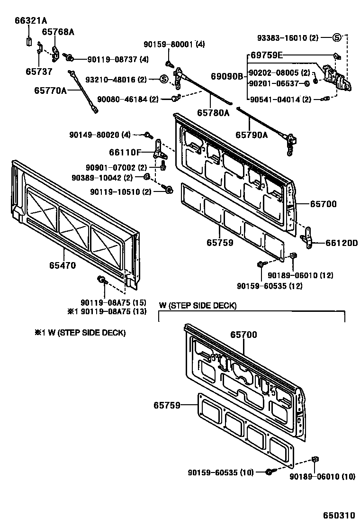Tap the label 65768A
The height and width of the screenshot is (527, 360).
pyautogui.click(x=58, y=32)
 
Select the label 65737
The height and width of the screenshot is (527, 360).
pyautogui.click(x=39, y=72)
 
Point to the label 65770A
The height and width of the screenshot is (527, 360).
pyautogui.click(x=50, y=89)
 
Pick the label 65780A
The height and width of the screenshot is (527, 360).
pyautogui.click(x=213, y=113)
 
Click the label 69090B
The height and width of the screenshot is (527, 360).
pyautogui.click(x=226, y=76)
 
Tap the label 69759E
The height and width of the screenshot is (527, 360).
pyautogui.click(x=266, y=55)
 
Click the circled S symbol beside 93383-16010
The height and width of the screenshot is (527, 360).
pyautogui.click(x=337, y=37)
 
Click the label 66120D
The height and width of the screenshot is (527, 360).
pyautogui.click(x=341, y=243)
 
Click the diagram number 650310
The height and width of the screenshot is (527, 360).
pyautogui.click(x=339, y=515)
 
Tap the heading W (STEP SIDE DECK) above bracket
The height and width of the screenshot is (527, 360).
pyautogui.click(x=198, y=306)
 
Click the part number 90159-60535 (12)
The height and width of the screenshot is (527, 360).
pyautogui.click(x=270, y=286)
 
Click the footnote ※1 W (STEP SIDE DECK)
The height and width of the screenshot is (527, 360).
pyautogui.click(x=80, y=333)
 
